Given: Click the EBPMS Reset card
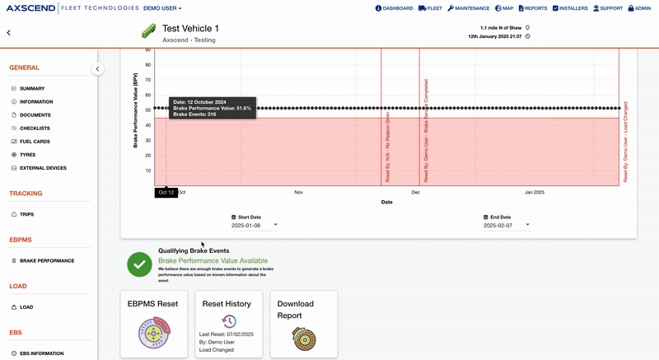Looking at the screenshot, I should [152, 324].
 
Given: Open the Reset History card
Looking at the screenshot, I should [229, 324].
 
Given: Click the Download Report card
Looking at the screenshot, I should [304, 324].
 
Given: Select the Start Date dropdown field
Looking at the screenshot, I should [255, 225].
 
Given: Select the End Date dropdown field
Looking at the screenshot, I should [507, 225].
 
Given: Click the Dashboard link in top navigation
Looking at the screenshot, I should [394, 8].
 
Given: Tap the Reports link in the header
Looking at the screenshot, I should [531, 8].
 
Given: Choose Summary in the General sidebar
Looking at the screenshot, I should [32, 88].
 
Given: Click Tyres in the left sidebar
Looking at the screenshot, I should [28, 154].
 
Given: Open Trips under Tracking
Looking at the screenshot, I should [27, 214].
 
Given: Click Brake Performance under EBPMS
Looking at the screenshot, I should [48, 260].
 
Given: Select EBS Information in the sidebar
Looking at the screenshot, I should [41, 353].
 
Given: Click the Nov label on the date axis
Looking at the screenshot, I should [299, 192].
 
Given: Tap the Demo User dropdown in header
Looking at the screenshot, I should [162, 8].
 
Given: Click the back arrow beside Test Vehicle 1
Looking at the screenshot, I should [8, 33].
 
